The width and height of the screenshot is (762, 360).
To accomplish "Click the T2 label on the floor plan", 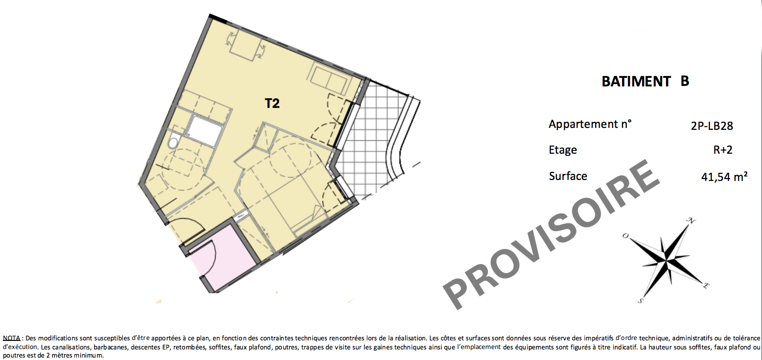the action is pos(272,103).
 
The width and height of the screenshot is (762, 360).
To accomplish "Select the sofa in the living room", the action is pos(329,80).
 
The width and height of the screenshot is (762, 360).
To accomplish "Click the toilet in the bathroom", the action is pos(173,141).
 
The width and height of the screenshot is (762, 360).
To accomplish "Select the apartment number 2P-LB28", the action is pos(712,126).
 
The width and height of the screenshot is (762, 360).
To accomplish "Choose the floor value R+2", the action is pos(722,150).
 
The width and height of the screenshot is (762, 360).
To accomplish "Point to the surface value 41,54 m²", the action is pos(724,177).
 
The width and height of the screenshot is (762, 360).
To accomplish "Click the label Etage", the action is pos(563,150).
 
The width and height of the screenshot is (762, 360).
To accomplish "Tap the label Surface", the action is pos(568,176).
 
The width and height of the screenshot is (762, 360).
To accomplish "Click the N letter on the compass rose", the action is pos(691,221).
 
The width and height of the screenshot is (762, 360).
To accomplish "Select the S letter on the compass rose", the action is pos(640,301).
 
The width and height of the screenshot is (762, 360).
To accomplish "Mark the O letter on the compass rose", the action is pos(625,235).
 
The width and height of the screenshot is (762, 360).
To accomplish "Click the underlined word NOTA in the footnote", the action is pos(11,338).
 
